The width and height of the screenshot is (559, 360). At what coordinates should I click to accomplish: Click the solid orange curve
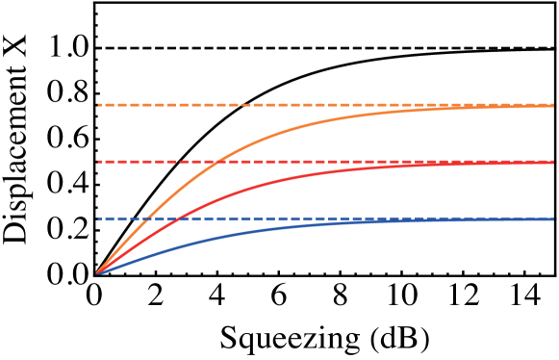tap(289, 129)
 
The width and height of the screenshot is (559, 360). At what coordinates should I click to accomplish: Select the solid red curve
tap(289, 179)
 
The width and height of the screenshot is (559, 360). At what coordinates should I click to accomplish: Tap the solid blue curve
tap(289, 226)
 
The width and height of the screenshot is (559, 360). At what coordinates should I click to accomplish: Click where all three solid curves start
tap(97, 273)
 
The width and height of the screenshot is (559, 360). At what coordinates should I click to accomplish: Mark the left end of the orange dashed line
tap(97, 104)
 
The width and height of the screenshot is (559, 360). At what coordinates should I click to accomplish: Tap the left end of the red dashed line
tap(97, 162)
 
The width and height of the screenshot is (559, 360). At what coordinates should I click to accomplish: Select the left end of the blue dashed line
tap(97, 219)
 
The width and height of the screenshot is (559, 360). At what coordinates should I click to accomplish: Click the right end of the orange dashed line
tap(553, 104)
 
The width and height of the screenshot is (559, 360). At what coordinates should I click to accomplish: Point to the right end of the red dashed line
tap(553, 162)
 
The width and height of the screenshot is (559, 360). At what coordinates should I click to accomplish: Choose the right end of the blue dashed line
tap(553, 219)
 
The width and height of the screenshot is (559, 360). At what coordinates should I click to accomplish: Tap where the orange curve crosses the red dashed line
tap(217, 162)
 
